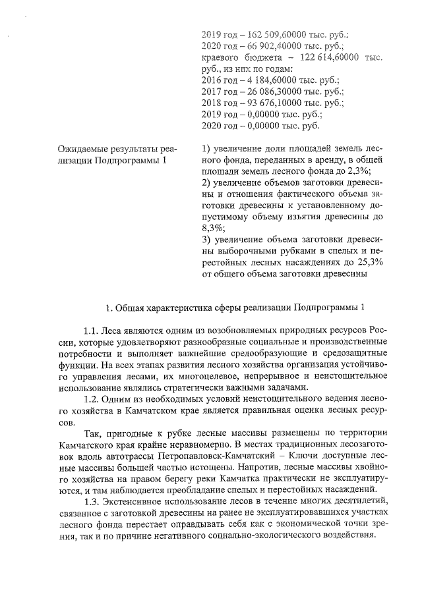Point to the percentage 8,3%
pos(212,228)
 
